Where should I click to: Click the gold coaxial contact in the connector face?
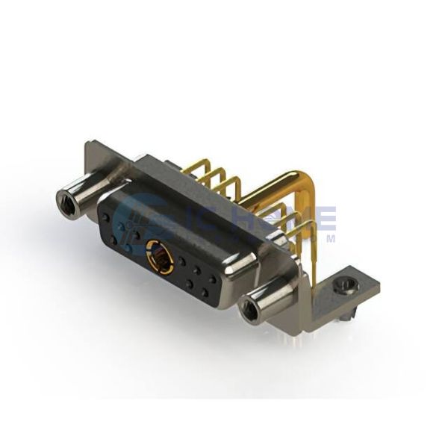tap(159, 258)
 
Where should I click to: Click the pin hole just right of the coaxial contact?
tap(181, 261)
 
